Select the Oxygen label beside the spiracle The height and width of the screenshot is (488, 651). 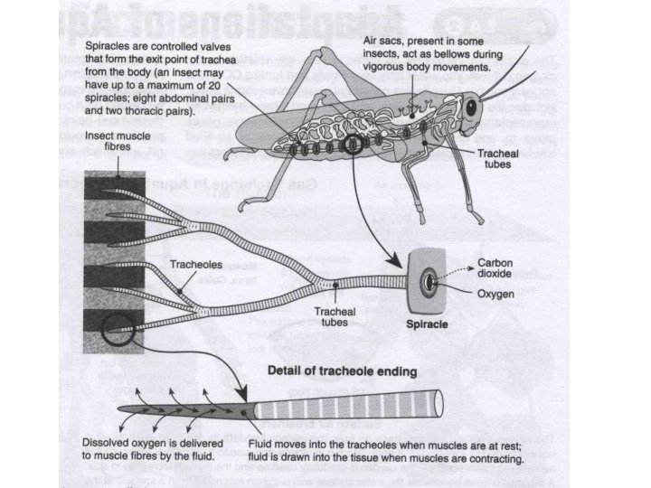pyautogui.click(x=496, y=294)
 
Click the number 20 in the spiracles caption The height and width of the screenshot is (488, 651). pyautogui.click(x=246, y=85)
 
